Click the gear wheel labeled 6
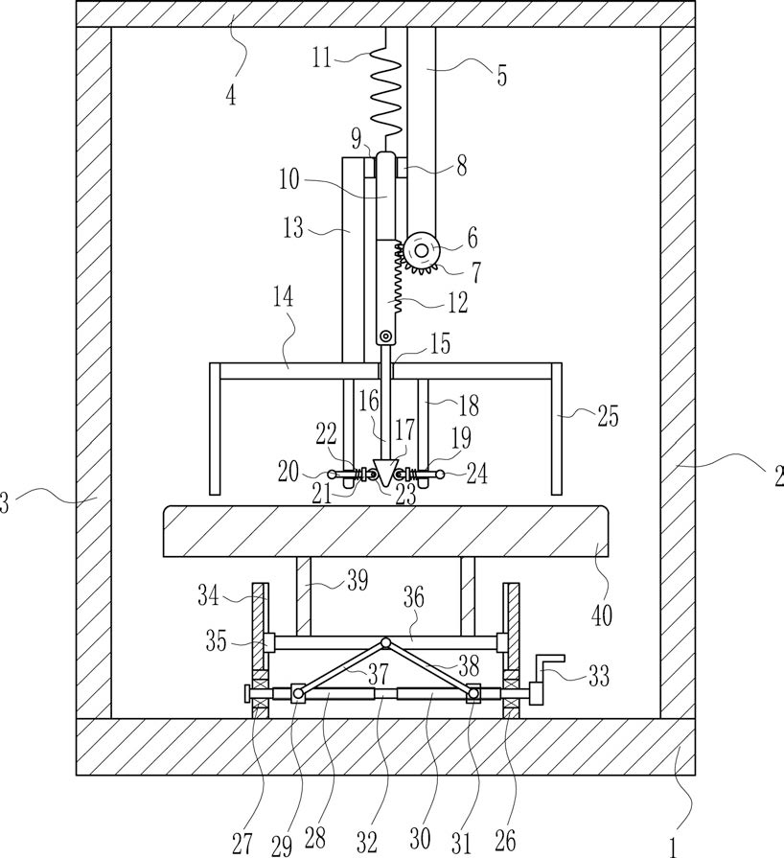click(422, 251)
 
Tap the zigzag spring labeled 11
click(386, 91)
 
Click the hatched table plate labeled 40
click(385, 531)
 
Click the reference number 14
click(284, 297)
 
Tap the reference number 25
click(608, 416)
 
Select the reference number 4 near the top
click(231, 95)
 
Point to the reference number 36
click(414, 597)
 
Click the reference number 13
click(292, 227)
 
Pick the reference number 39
click(357, 581)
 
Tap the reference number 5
click(501, 75)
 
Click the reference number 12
click(457, 303)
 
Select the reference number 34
click(208, 595)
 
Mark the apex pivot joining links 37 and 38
click(385, 642)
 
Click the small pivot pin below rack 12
click(386, 336)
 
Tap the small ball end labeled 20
click(332, 474)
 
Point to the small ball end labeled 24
click(439, 474)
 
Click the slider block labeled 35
click(268, 642)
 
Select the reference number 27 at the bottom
click(242, 844)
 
